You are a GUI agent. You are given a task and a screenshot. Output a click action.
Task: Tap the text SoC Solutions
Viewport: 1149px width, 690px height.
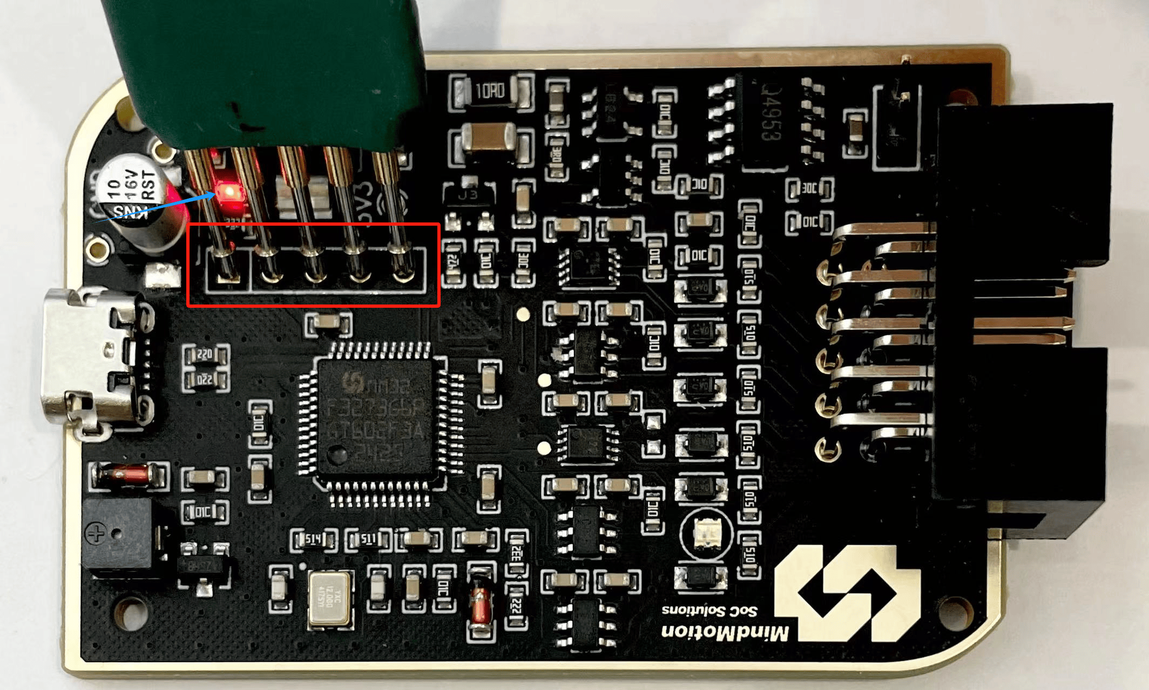pyautogui.click(x=709, y=610)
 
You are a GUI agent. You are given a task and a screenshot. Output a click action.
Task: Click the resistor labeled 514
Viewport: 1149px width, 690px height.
pyautogui.click(x=313, y=539)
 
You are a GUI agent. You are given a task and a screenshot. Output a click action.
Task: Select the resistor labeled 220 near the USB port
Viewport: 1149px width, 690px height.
pyautogui.click(x=205, y=354)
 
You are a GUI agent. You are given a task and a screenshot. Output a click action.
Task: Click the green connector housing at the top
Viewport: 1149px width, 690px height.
pyautogui.click(x=265, y=70)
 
